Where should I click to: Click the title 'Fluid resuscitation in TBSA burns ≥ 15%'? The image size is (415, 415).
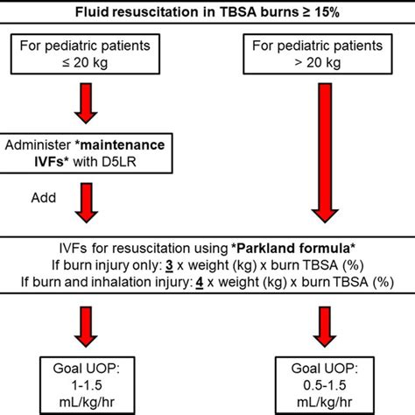pos(207,11)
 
